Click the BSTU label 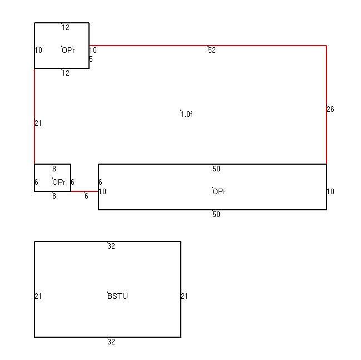click(x=117, y=296)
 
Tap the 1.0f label click(x=186, y=114)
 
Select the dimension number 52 click(x=212, y=50)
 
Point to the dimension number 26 click(x=330, y=109)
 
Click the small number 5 click(x=91, y=60)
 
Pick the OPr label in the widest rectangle click(x=219, y=191)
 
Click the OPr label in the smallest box click(x=59, y=182)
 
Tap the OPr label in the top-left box click(x=68, y=50)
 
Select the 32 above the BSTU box click(x=111, y=246)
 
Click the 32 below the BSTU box click(x=111, y=342)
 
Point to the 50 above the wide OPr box click(x=216, y=169)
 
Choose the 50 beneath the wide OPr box click(x=216, y=214)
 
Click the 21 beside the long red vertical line click(x=38, y=123)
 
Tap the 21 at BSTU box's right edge click(x=185, y=296)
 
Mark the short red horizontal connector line click(x=85, y=191)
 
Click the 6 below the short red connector click(x=86, y=196)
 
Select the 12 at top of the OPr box click(x=66, y=27)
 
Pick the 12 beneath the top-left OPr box click(x=66, y=73)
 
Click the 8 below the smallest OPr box click(x=54, y=196)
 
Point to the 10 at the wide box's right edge click(x=330, y=191)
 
